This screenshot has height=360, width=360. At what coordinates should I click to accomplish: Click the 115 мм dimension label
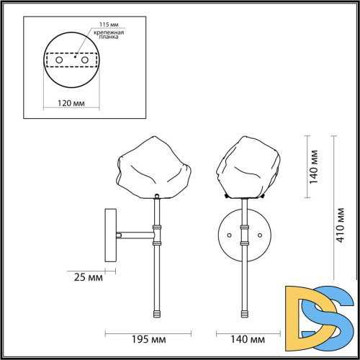(98, 25)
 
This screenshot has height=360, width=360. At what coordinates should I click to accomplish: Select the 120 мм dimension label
(70, 103)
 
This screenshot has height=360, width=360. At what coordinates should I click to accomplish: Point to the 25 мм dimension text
(87, 276)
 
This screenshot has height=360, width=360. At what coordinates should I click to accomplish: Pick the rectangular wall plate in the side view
(110, 233)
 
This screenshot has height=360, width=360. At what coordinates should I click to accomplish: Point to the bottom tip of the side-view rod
(155, 314)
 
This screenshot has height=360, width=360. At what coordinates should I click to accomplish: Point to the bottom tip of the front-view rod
(246, 314)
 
